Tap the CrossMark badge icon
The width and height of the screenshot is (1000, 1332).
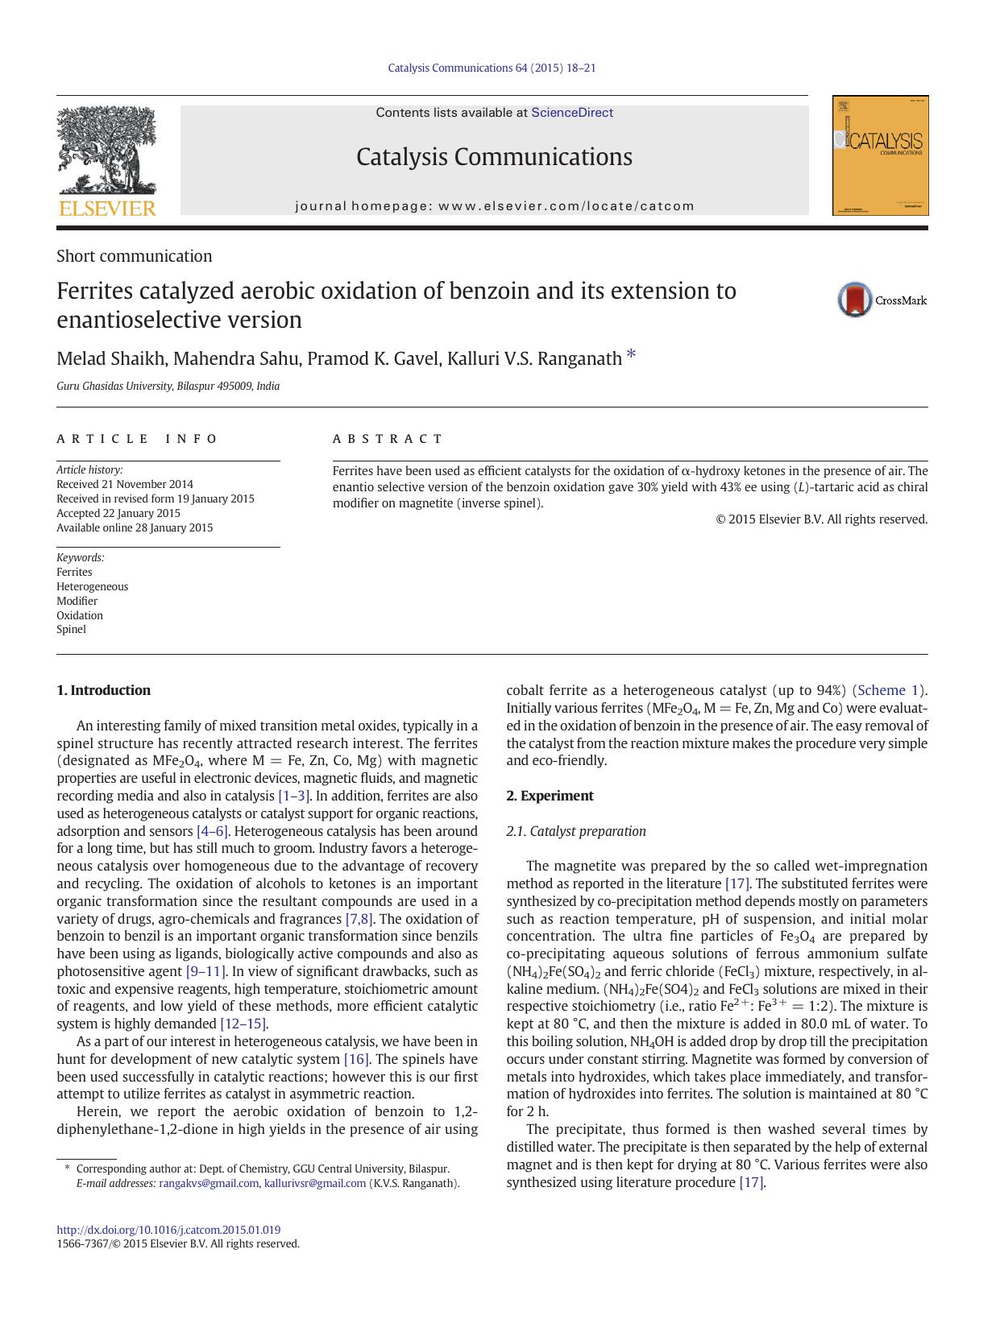pyautogui.click(x=855, y=300)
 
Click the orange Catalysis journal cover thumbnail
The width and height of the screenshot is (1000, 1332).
pyautogui.click(x=880, y=155)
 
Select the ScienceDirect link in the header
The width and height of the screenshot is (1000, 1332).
pyautogui.click(x=571, y=113)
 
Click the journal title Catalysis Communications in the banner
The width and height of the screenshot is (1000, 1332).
pyautogui.click(x=494, y=156)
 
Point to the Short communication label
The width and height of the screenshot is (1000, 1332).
pyautogui.click(x=135, y=256)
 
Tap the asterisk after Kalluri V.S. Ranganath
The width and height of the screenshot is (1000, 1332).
pyautogui.click(x=631, y=355)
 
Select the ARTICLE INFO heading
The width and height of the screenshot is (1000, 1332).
pyautogui.click(x=137, y=439)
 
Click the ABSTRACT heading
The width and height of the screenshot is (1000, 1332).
pyautogui.click(x=388, y=439)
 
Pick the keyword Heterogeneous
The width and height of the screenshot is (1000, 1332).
pyautogui.click(x=92, y=586)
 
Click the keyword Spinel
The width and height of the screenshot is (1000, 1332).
pyautogui.click(x=71, y=629)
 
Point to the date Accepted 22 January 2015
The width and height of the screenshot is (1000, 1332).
pyautogui.click(x=118, y=513)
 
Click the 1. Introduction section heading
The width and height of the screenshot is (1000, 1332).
pyautogui.click(x=103, y=690)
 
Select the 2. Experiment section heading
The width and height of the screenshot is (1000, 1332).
pyautogui.click(x=550, y=796)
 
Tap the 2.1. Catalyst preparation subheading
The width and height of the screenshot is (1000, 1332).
pyautogui.click(x=576, y=831)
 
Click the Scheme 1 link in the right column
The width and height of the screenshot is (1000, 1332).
pyautogui.click(x=889, y=690)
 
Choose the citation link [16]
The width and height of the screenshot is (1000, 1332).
pyautogui.click(x=356, y=1059)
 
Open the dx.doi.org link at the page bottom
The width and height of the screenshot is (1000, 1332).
pyautogui.click(x=168, y=1230)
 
